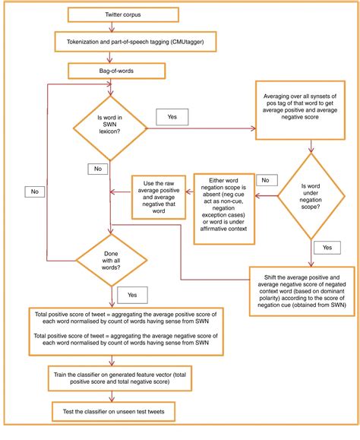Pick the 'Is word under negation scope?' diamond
pyautogui.click(x=312, y=195)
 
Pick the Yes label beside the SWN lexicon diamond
pyautogui.click(x=171, y=116)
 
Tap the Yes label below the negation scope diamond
pyautogui.click(x=327, y=248)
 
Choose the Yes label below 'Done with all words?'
pyautogui.click(x=132, y=293)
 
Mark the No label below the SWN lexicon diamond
pyautogui.click(x=96, y=167)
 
